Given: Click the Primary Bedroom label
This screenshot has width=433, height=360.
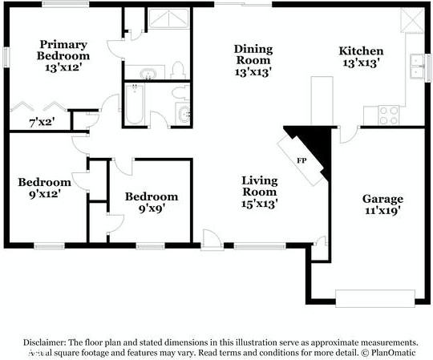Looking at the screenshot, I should (63, 50).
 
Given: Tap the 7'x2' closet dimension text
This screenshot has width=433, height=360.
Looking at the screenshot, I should (41, 122).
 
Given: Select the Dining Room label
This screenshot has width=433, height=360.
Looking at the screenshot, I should (253, 54).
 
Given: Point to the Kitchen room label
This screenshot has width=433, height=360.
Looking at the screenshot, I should (361, 51).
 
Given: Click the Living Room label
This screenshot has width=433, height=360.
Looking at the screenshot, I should (259, 185).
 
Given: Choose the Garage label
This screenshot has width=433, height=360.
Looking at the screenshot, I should (382, 199).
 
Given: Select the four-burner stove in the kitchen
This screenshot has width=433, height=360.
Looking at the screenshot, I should (388, 114).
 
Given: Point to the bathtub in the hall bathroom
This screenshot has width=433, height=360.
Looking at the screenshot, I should (134, 107).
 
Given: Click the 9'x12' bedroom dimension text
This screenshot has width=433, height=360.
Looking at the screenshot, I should (39, 193).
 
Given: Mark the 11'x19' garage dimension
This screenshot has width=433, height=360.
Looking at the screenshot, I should (382, 211).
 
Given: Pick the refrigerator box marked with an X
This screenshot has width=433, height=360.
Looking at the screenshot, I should (412, 20).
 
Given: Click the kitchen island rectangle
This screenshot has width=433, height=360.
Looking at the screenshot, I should (322, 99).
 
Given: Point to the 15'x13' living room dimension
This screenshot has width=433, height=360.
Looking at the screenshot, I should (259, 204).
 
